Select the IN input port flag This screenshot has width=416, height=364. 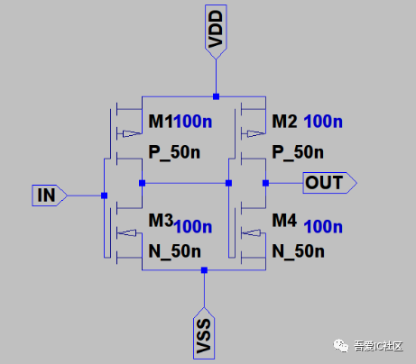tap(47, 195)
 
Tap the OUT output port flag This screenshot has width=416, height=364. tap(327, 183)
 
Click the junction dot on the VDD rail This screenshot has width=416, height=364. tap(216, 95)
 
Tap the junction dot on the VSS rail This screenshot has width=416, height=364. tap(205, 269)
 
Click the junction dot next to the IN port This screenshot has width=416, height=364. tap(105, 195)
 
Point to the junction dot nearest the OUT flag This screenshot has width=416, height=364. tap(266, 183)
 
